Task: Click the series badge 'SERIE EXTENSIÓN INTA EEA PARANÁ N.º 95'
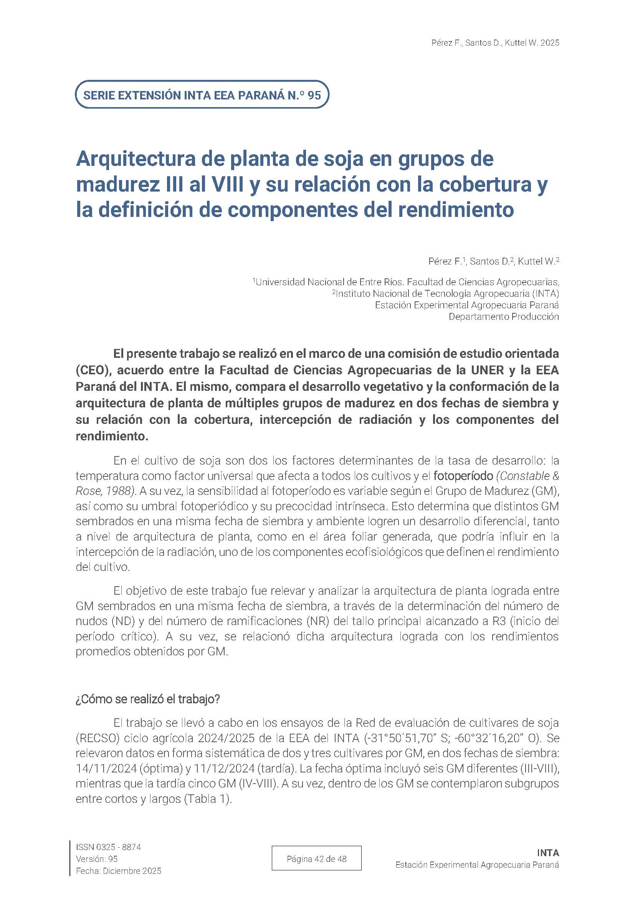point(202,95)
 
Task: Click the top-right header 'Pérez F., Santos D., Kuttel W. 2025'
point(495,43)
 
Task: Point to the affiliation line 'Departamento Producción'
point(503,317)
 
